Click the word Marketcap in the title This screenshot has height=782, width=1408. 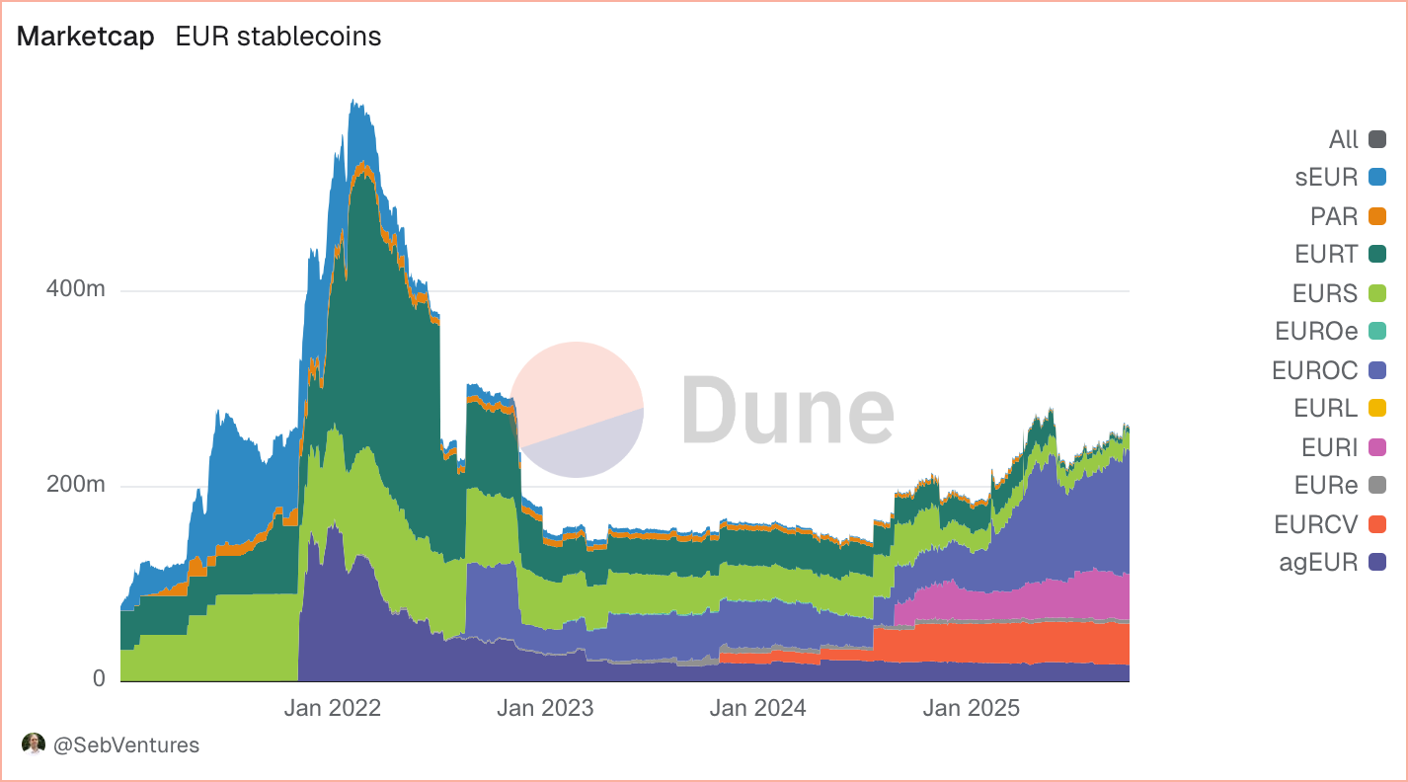click(86, 37)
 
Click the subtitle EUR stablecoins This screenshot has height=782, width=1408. click(278, 37)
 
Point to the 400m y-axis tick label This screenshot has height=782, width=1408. click(77, 291)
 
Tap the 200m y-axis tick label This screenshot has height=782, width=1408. click(77, 486)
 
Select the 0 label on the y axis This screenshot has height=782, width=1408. click(99, 679)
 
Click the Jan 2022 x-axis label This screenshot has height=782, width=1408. click(333, 708)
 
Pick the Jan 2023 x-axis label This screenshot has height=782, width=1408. click(546, 708)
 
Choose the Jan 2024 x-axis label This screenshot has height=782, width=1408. click(757, 708)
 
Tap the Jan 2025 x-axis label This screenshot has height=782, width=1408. click(971, 708)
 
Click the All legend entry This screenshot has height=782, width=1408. click(1344, 139)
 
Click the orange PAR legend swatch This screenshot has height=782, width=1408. click(1377, 216)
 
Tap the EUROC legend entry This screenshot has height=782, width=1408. click(1316, 370)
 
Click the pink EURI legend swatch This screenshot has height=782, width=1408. click(1377, 447)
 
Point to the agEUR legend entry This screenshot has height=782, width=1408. click(1317, 563)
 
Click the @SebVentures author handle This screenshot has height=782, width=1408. click(125, 745)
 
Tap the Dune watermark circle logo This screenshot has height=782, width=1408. click(578, 410)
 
